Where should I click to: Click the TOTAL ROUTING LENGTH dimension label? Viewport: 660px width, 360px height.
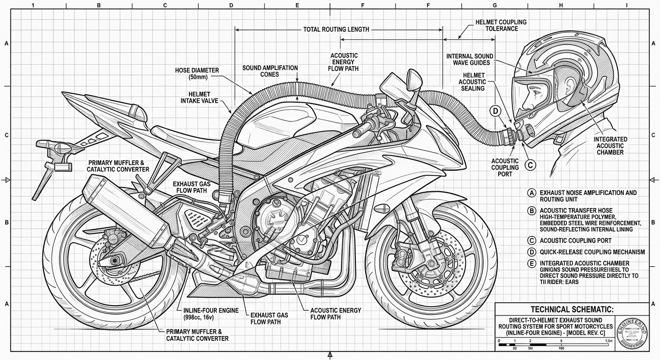click(336, 29)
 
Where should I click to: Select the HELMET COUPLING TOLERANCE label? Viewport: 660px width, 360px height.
click(501, 25)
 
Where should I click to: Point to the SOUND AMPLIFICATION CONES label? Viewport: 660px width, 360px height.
click(270, 71)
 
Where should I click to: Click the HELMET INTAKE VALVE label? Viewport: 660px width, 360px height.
click(199, 97)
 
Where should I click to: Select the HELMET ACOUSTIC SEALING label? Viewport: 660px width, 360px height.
click(473, 82)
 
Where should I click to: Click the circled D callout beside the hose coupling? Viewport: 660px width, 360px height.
click(495, 111)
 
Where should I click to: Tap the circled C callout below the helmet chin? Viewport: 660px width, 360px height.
click(530, 165)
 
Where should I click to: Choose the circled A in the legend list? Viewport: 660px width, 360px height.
click(531, 193)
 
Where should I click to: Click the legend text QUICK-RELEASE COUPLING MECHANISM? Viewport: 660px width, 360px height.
click(592, 252)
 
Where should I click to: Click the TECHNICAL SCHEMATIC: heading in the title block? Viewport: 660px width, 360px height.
click(572, 309)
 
